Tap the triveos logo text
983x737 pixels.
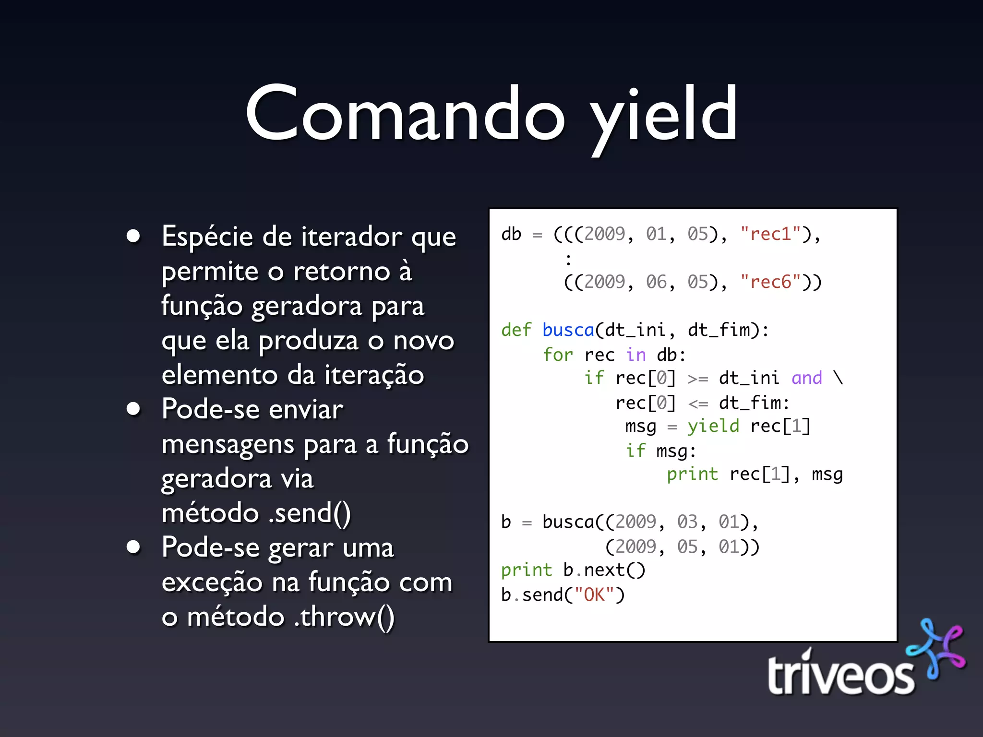(840, 675)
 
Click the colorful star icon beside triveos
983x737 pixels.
(936, 649)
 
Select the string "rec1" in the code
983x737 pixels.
(770, 234)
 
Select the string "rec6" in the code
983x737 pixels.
(770, 282)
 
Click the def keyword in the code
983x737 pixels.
(516, 330)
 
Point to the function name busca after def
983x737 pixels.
(568, 330)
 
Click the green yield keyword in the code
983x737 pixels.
(713, 426)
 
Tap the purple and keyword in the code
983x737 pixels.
(806, 378)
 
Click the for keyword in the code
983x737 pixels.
(558, 355)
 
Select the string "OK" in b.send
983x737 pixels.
(594, 595)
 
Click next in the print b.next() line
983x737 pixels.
(604, 570)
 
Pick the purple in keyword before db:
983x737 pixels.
(636, 355)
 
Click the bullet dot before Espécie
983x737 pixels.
(133, 236)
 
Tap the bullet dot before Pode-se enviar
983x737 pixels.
(133, 409)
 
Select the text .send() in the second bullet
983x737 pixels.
(310, 513)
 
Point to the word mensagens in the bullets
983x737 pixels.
(228, 445)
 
